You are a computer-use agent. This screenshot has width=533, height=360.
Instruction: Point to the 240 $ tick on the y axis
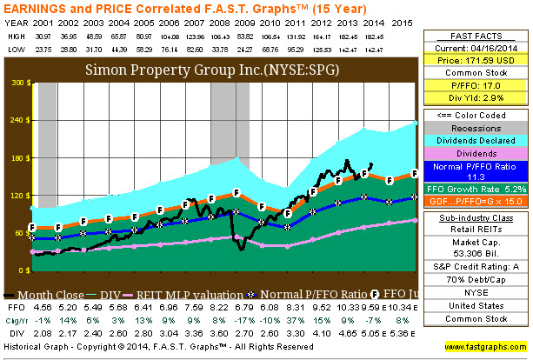point(17,121)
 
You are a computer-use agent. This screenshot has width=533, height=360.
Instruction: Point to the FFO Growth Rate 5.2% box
point(476,186)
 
